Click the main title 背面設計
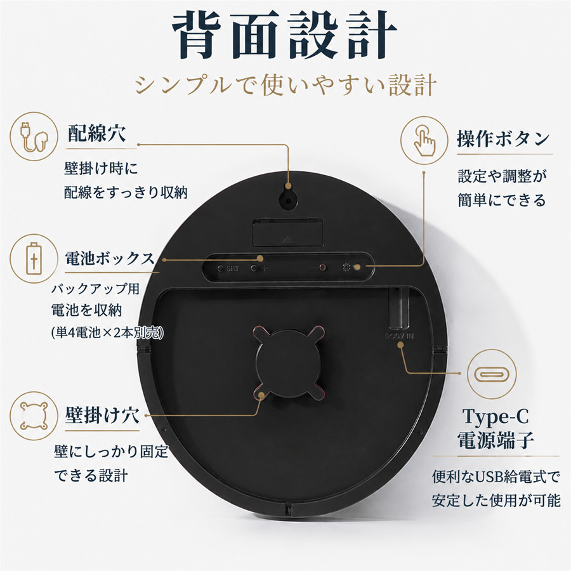[x=284, y=35]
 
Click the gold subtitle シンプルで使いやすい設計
[x=285, y=85]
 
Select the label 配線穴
[x=97, y=133]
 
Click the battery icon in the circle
[x=34, y=259]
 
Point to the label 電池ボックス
[x=110, y=259]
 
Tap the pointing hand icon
[x=424, y=140]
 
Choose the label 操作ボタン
[x=503, y=139]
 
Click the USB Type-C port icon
[x=492, y=374]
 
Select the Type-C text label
[x=496, y=416]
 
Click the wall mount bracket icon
[x=34, y=416]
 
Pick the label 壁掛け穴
[x=102, y=415]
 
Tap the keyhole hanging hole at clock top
[x=289, y=199]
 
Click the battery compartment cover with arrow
[x=288, y=233]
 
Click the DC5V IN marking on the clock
[x=400, y=336]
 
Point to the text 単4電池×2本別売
[x=108, y=333]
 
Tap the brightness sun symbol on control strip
[x=346, y=268]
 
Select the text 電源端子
[x=496, y=440]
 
